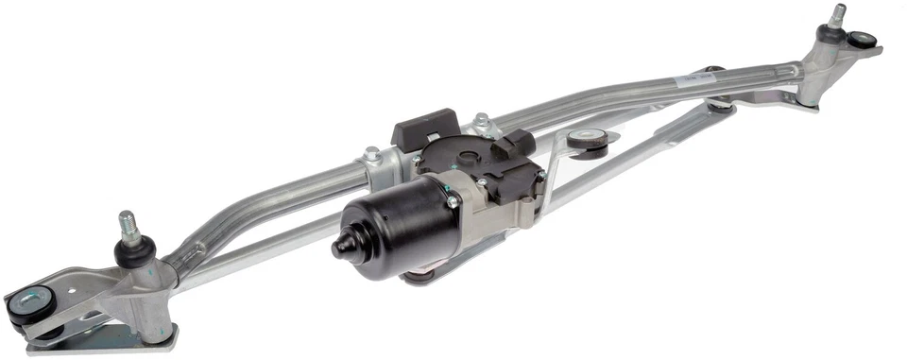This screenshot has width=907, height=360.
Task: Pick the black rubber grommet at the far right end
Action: point(864,41)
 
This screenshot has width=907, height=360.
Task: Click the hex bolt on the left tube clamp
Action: point(372,153)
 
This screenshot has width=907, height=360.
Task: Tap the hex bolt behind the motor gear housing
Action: point(481,121)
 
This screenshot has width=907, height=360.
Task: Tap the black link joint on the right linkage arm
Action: point(720,105)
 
